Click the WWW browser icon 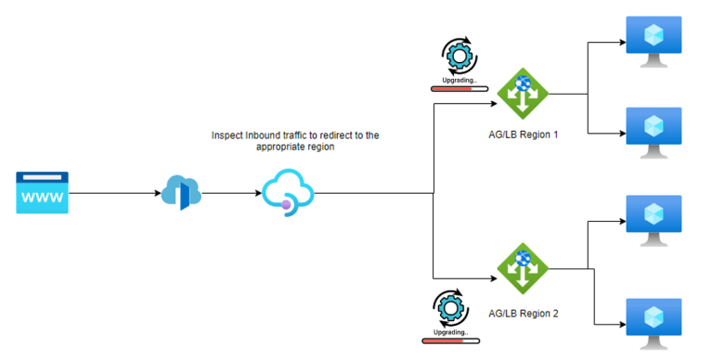tap(42, 193)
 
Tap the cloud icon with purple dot tap(287, 193)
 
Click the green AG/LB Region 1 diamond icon tap(523, 93)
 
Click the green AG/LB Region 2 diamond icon tap(523, 268)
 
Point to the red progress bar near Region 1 tap(456, 90)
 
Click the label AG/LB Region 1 tap(522, 135)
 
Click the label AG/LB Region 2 tap(522, 313)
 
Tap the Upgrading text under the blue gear tap(456, 81)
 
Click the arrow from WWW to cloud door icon tap(111, 193)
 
